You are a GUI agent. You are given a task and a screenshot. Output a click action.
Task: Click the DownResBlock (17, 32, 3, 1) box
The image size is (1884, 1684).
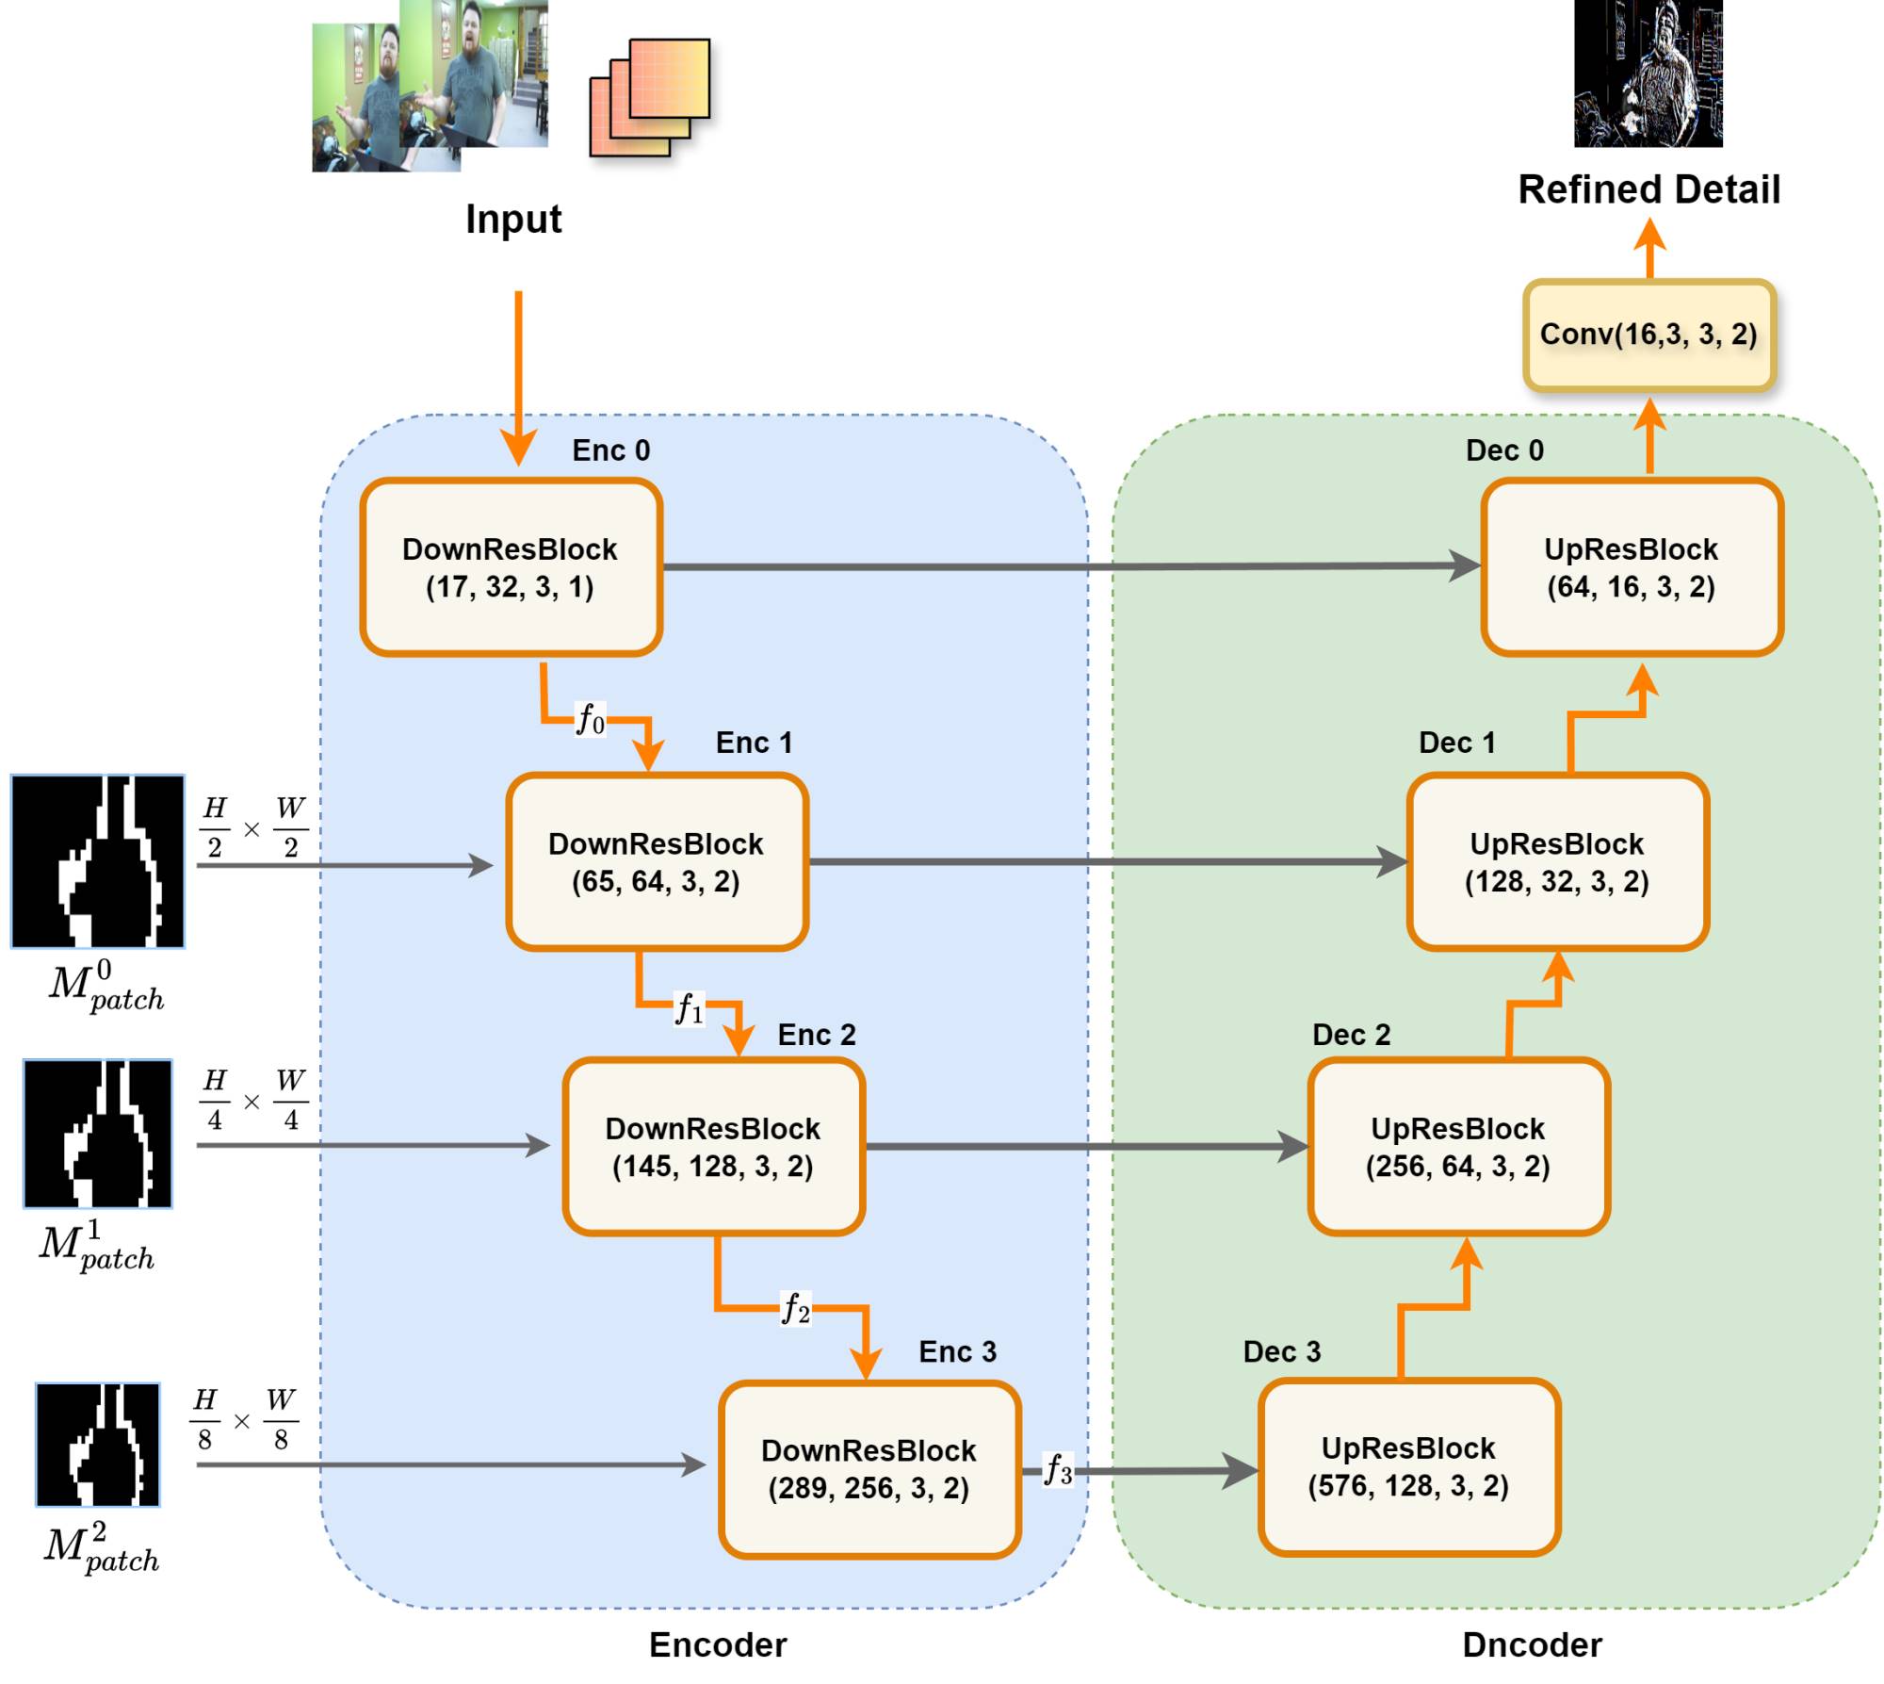tap(511, 567)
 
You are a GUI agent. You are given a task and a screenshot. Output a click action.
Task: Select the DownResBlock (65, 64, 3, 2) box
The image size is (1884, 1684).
tap(657, 861)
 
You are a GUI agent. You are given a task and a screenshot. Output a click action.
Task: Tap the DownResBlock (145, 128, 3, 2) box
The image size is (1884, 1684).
tap(713, 1146)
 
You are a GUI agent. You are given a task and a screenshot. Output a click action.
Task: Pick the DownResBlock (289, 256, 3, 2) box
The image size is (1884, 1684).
tap(869, 1468)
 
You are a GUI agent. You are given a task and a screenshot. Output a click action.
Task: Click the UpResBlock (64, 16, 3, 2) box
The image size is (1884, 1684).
tap(1631, 567)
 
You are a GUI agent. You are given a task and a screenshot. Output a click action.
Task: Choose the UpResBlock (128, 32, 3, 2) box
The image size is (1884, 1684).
tap(1557, 861)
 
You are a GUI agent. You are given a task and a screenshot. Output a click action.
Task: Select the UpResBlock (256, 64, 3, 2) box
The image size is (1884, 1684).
tap(1457, 1146)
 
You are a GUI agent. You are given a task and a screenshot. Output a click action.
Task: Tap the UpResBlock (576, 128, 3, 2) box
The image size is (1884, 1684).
tap(1408, 1466)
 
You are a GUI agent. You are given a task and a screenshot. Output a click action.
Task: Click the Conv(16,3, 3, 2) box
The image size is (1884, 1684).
tap(1648, 335)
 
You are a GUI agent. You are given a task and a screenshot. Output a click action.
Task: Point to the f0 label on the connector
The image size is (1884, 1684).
tap(591, 719)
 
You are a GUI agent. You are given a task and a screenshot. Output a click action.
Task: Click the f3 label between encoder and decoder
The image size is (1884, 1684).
tap(1058, 1469)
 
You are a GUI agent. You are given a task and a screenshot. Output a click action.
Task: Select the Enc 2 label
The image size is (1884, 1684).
tap(816, 1035)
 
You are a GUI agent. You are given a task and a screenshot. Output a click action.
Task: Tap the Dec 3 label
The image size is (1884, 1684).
tap(1281, 1351)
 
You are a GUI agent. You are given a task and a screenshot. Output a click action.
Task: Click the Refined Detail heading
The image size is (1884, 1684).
tap(1648, 189)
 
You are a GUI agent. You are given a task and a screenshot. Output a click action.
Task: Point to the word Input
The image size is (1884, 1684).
tap(513, 219)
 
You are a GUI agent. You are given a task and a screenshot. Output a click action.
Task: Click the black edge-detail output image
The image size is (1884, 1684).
tap(1648, 74)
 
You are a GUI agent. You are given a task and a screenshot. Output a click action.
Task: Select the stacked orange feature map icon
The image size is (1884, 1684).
tap(649, 97)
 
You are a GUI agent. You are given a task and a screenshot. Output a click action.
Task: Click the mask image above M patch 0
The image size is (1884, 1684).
tap(98, 861)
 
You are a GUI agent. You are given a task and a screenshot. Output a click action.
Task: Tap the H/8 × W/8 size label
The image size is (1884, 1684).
tap(242, 1419)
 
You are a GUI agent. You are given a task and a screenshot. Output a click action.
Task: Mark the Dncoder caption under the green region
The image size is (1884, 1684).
tap(1532, 1644)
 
